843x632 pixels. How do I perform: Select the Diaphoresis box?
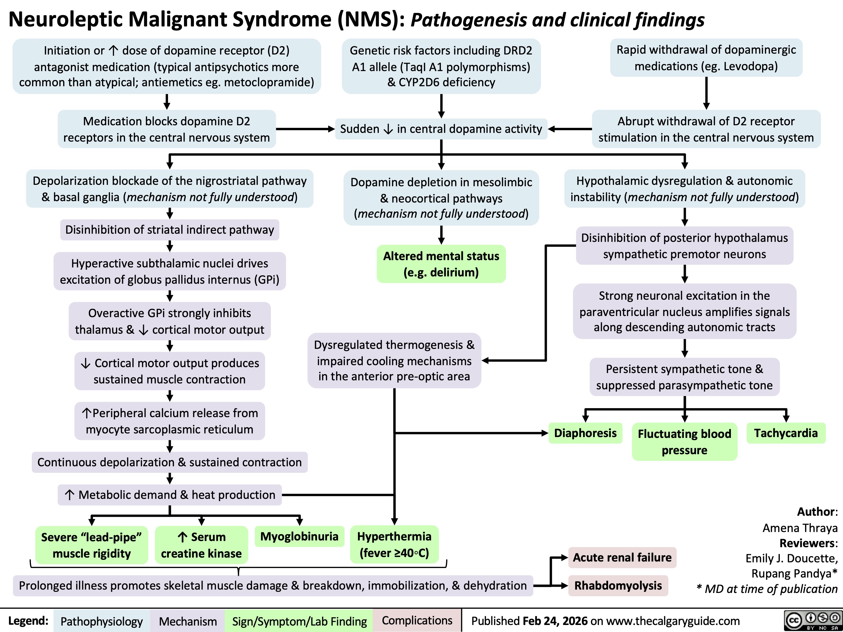click(585, 433)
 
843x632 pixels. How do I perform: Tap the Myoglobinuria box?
click(299, 536)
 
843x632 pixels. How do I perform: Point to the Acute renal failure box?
click(622, 557)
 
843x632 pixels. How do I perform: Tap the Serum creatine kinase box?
click(201, 545)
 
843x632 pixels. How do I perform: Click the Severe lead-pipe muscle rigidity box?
click(91, 545)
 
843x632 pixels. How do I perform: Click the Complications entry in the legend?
click(417, 620)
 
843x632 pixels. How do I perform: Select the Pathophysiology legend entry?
click(101, 621)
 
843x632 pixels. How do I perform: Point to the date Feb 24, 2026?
click(555, 621)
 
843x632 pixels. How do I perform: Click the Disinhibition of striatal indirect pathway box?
click(170, 230)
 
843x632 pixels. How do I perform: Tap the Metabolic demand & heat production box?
click(170, 495)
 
